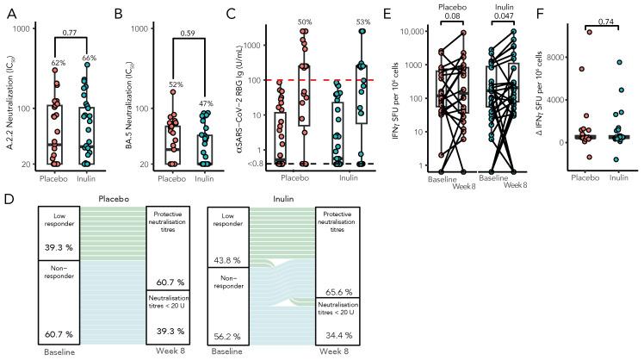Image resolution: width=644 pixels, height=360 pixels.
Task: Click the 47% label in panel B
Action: [x=207, y=102]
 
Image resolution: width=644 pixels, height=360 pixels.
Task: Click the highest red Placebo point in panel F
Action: [x=589, y=32]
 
